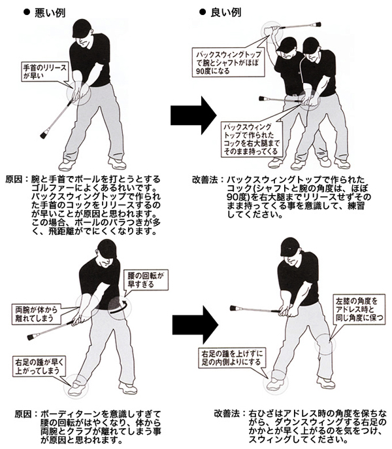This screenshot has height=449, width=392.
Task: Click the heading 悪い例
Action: pyautogui.click(x=50, y=13)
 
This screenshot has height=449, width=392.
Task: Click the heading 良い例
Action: pyautogui.click(x=226, y=12)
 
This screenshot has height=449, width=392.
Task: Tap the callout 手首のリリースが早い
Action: pyautogui.click(x=45, y=71)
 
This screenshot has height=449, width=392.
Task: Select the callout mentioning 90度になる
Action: pyautogui.click(x=229, y=63)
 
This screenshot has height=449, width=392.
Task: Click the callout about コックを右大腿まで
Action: pyautogui.click(x=252, y=139)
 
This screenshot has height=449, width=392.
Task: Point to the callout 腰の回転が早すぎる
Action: pyautogui.click(x=146, y=280)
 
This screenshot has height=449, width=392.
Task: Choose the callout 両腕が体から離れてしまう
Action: pyautogui.click(x=37, y=314)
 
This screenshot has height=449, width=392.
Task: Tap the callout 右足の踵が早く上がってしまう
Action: pyautogui.click(x=39, y=367)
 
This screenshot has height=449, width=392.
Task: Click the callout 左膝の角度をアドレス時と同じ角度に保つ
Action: pyautogui.click(x=359, y=309)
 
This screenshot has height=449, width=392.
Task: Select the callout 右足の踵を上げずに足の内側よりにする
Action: pyautogui.click(x=231, y=357)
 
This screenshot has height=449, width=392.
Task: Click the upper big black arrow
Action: pyautogui.click(x=193, y=115)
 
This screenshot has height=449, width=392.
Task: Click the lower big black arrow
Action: pyautogui.click(x=195, y=325)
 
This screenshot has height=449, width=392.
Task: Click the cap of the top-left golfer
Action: pyautogui.click(x=82, y=28)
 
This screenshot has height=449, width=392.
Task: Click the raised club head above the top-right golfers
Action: pyautogui.click(x=317, y=25)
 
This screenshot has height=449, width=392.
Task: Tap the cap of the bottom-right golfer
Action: pyautogui.click(x=289, y=247)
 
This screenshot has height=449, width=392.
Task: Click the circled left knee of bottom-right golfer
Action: pyautogui.click(x=324, y=344)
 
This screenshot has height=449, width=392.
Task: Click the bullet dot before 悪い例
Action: pyautogui.click(x=27, y=12)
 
